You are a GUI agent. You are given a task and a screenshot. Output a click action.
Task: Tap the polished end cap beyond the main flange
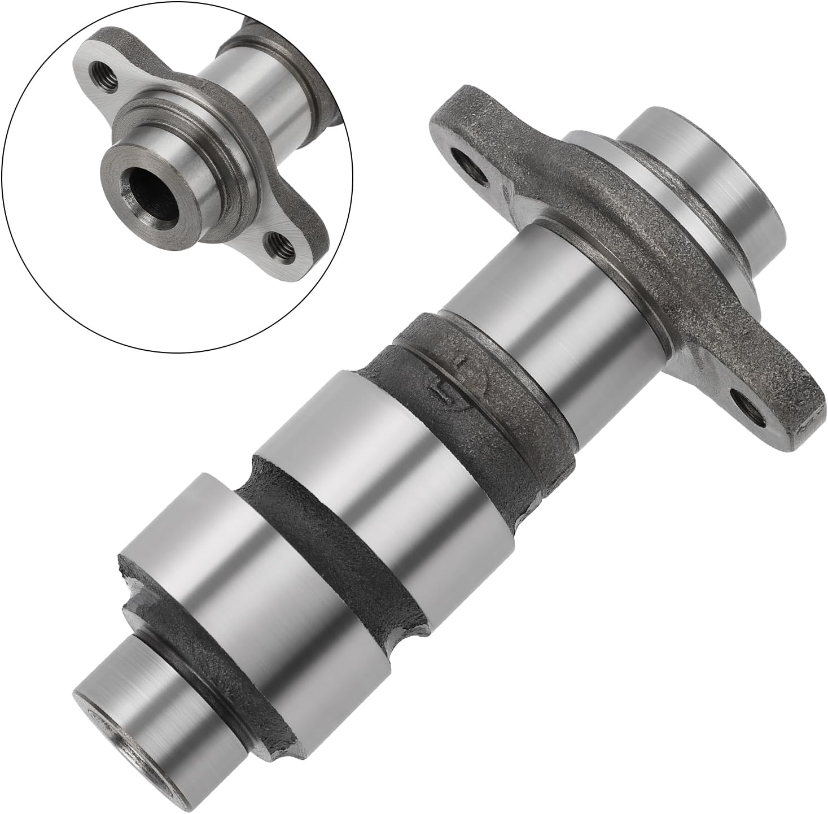point(706,186)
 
